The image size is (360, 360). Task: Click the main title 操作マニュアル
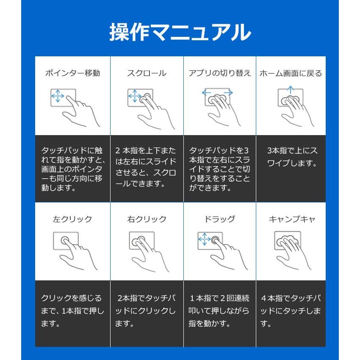pos(180,32)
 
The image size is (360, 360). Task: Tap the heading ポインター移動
pos(72,73)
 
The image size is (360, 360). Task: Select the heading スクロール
pos(147,73)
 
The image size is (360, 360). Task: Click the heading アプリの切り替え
pos(219,73)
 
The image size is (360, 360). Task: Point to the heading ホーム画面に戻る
pos(291,73)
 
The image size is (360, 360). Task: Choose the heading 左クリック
pos(72,219)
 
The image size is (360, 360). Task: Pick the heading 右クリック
pos(147,219)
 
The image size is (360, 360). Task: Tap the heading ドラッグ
pos(219,219)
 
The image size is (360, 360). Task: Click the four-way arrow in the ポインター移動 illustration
pos(57,97)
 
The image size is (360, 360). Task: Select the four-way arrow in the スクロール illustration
pos(134,96)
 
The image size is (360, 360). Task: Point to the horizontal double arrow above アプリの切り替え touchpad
pos(217,92)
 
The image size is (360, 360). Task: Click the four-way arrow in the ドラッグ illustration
pos(205,240)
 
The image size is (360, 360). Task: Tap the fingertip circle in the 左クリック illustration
pos(66,240)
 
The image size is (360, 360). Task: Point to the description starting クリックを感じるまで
pos(72,311)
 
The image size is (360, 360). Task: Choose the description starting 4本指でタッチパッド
pos(291,311)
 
